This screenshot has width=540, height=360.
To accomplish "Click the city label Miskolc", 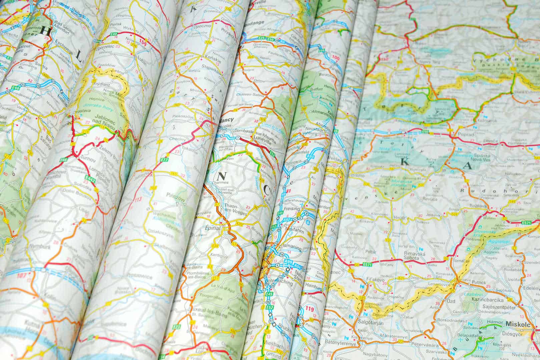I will pyautogui.click(x=516, y=324).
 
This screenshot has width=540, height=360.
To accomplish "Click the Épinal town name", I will pyautogui.click(x=214, y=228).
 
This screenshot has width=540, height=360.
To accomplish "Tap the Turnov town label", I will pyautogui.click(x=88, y=161).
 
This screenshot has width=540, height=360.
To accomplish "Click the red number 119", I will pyautogui.click(x=310, y=309).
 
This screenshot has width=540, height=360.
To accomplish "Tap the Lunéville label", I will pyautogui.click(x=265, y=141).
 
